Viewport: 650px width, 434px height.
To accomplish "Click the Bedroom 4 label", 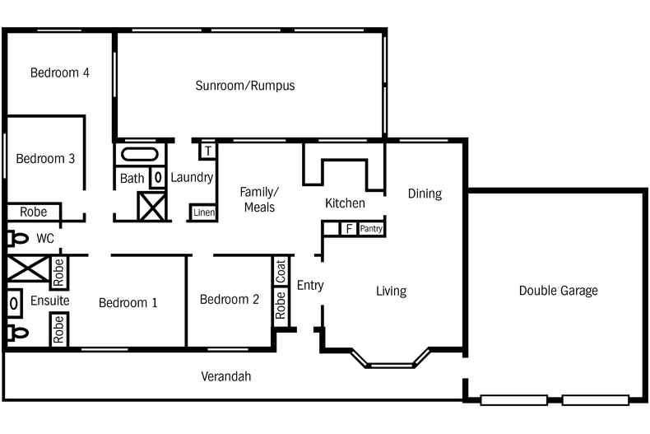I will [x=59, y=72].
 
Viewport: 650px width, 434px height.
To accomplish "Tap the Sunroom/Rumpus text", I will [x=245, y=86].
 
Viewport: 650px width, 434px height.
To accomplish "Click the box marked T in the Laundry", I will [x=207, y=151].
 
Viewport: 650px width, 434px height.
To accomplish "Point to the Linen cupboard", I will [x=203, y=212].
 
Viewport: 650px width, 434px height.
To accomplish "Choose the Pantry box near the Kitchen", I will [x=371, y=228].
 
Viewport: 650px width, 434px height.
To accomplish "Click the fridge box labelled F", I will [x=349, y=228].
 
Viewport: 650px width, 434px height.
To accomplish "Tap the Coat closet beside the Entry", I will [x=281, y=272].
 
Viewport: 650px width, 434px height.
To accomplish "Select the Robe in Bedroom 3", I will [x=33, y=212].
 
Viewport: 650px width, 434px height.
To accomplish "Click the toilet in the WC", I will [x=16, y=239].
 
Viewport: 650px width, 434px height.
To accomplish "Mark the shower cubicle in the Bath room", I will [x=152, y=205].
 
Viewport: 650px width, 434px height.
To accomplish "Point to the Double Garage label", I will [x=558, y=291].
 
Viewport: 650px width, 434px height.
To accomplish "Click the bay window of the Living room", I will [x=391, y=359].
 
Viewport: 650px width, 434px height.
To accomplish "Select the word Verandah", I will [x=225, y=376].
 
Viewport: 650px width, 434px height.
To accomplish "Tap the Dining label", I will [x=425, y=194].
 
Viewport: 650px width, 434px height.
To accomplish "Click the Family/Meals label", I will [x=258, y=199].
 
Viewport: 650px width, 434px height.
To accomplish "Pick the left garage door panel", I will [x=513, y=400].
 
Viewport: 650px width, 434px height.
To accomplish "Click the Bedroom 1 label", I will [x=128, y=303].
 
